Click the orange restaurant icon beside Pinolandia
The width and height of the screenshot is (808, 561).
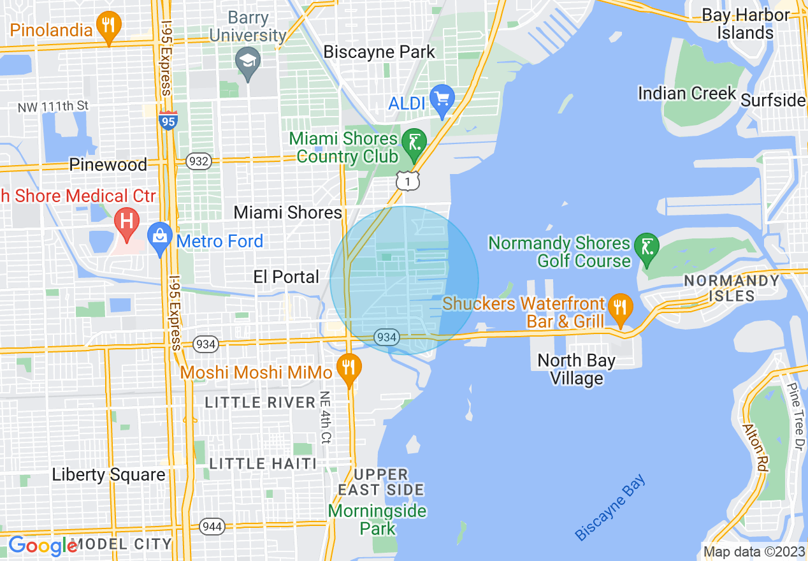point(108,26)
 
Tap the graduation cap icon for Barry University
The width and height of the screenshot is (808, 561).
point(247,61)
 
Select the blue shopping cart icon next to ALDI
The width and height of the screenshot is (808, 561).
point(441,99)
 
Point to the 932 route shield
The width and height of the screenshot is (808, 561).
point(199,161)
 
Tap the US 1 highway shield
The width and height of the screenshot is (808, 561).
point(408,181)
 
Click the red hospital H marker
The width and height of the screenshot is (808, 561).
point(127,222)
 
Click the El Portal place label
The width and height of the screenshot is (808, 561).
point(286,277)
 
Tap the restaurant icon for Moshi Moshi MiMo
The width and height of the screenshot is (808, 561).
point(349,368)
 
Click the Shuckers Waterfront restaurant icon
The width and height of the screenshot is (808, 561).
point(619,307)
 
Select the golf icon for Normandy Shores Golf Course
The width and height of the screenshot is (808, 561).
point(647,245)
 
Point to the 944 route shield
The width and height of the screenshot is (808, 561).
point(212,527)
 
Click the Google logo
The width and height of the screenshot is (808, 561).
point(43,546)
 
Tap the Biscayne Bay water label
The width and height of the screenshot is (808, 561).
point(610,507)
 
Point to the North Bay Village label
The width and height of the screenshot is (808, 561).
point(576,369)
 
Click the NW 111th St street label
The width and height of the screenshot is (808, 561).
point(53,106)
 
